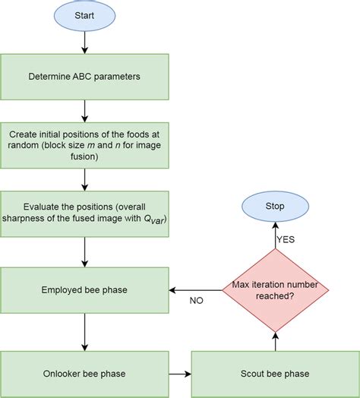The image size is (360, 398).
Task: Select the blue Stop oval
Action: coord(276,205)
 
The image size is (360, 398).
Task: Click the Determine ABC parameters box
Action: coord(84,76)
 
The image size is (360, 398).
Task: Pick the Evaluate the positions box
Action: coord(84,213)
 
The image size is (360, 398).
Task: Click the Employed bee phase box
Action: coord(84,289)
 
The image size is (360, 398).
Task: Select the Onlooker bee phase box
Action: coord(84,373)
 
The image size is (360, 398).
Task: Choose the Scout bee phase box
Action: coord(276,373)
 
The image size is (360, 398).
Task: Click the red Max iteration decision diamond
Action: coord(276,289)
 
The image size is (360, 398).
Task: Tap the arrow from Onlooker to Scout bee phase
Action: coord(178,373)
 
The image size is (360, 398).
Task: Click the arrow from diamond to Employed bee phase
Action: coord(194,289)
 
